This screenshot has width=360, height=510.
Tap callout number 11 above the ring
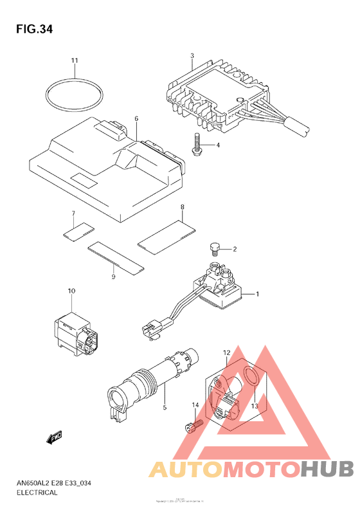(75, 60)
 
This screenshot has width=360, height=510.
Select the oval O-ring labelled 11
(75, 96)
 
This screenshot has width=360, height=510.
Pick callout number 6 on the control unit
(136, 119)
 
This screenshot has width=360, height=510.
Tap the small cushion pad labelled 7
(78, 228)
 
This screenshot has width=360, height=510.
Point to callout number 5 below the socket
(165, 407)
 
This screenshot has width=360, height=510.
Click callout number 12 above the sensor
(226, 353)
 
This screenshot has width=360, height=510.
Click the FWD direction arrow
(54, 438)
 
